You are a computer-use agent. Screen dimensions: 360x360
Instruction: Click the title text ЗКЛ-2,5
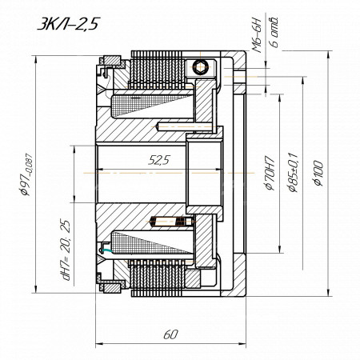pos(68,24)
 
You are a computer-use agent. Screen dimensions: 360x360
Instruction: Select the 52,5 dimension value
pos(159,160)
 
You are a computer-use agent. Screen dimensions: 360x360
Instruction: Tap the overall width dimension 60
pos(170,334)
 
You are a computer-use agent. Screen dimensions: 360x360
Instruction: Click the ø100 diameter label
pos(318,173)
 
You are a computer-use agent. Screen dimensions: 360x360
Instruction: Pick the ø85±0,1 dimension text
pos(293,172)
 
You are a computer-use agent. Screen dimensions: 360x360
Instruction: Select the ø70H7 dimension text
pos(270,173)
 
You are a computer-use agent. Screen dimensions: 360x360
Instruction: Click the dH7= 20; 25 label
pos(66,250)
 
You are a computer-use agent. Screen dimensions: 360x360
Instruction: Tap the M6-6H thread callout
pos(258,34)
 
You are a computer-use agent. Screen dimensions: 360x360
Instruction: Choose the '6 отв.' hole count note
pos(274,32)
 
